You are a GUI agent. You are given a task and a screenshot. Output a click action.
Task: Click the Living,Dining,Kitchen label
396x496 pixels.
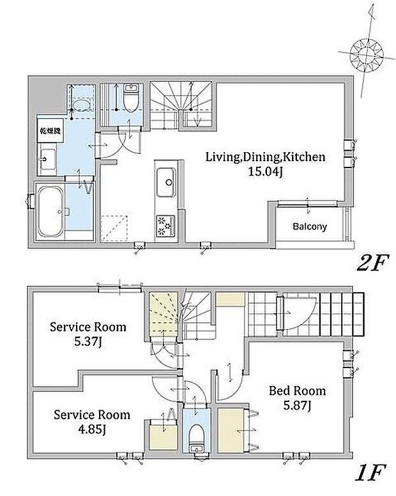coord(266,157)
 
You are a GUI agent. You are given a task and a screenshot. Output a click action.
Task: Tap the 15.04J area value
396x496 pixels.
coord(265,172)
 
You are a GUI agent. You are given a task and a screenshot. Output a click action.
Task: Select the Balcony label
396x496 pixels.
coord(310,226)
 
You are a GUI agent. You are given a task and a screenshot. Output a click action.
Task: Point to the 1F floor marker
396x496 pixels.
coord(370,472)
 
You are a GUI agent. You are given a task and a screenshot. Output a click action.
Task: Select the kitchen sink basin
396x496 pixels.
coord(165,183)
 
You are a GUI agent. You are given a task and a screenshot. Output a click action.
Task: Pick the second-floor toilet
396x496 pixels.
coord(130,98)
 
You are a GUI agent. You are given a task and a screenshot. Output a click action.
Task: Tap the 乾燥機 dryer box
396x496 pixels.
coord(50,130)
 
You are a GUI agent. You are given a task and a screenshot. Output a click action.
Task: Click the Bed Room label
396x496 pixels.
coord(297,391)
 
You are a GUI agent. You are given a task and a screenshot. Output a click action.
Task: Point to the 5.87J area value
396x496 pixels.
coord(297,406)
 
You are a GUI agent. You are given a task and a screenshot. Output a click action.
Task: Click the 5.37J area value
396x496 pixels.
coord(88,342)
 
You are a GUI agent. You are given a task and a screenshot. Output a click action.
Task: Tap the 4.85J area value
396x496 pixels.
coord(91,430)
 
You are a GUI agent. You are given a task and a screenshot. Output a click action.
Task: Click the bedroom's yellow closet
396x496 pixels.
coord(231,430)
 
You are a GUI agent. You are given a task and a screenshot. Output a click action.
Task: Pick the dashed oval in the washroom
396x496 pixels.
coord(81,104)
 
